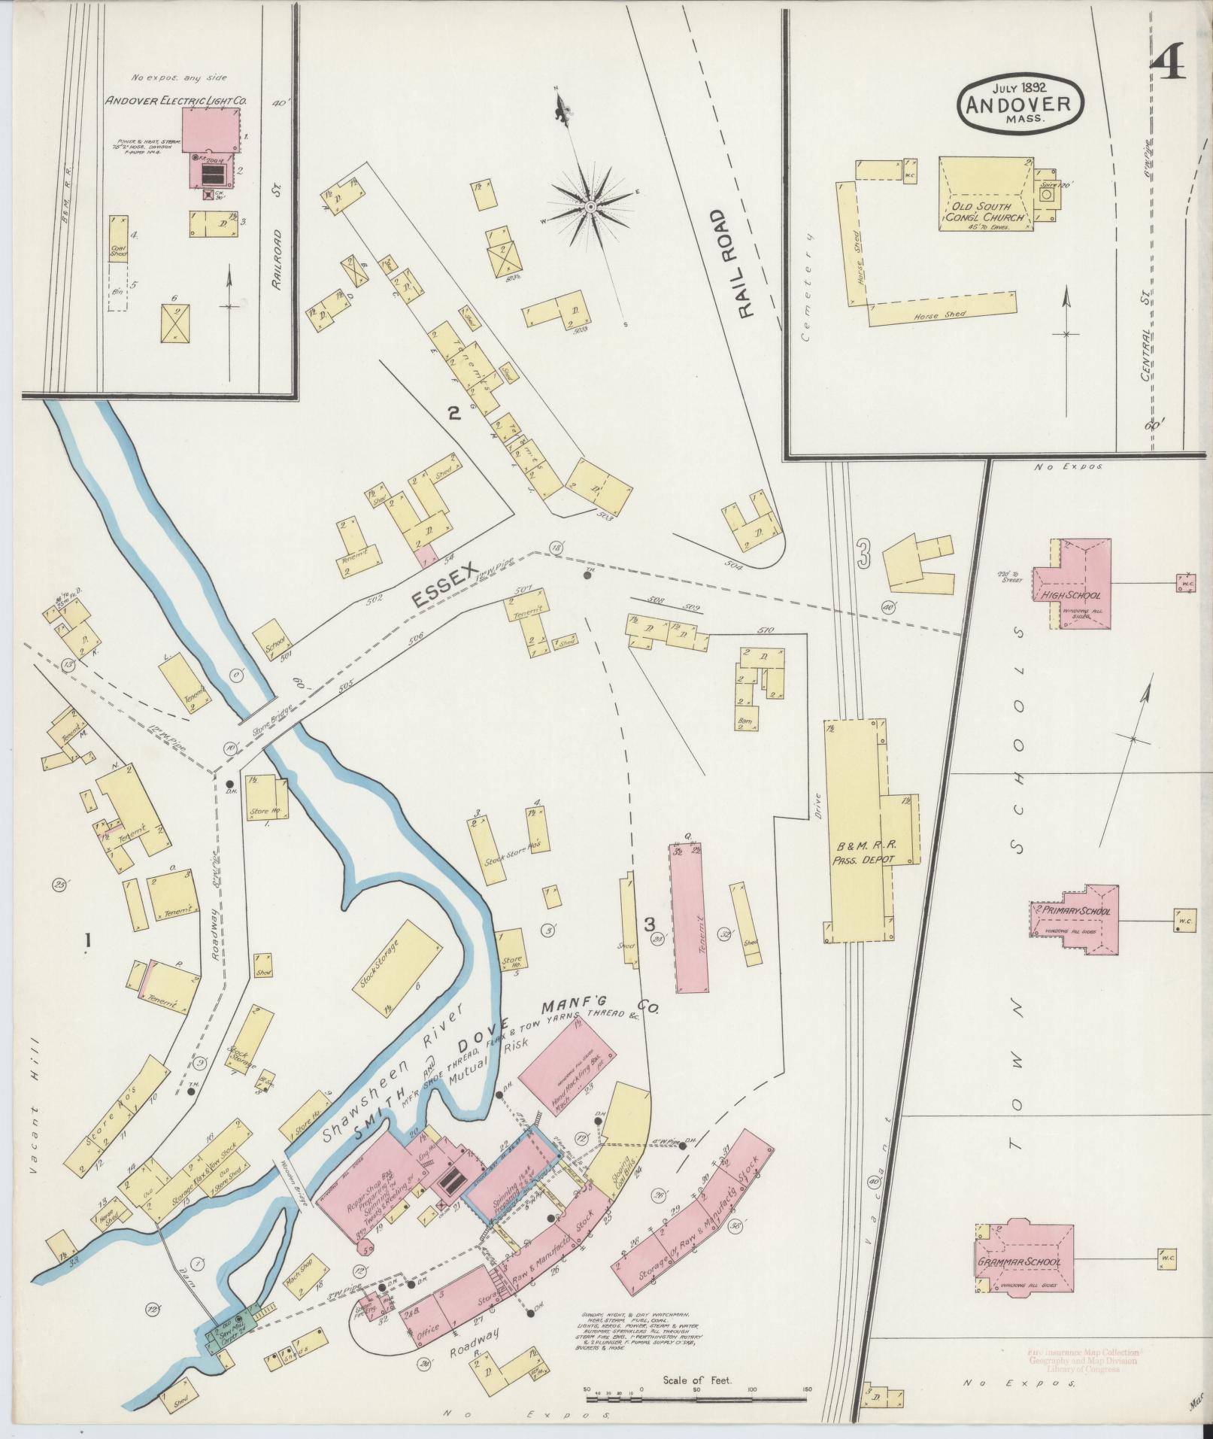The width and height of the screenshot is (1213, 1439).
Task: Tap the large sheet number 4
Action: [x=1167, y=62]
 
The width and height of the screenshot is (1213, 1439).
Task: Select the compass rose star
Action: [x=591, y=205]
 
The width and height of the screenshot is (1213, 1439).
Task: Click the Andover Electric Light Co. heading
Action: [x=177, y=100]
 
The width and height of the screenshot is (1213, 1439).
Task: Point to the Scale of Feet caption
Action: [x=697, y=1380]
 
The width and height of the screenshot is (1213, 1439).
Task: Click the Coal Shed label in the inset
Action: [x=117, y=250]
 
